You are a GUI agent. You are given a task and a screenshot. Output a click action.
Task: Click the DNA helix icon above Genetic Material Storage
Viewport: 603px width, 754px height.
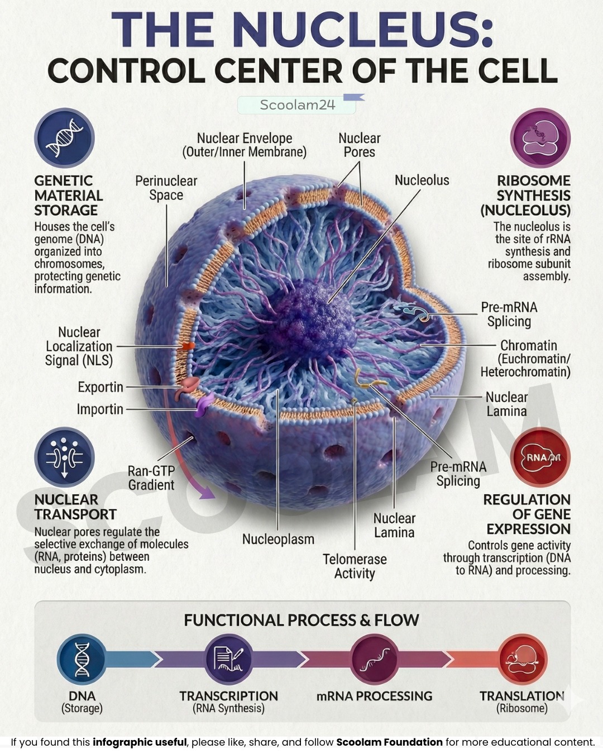64,137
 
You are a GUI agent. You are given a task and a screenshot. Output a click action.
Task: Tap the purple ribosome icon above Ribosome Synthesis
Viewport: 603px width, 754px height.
540,137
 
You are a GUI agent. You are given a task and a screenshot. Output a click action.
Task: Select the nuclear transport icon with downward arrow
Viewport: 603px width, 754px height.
64,457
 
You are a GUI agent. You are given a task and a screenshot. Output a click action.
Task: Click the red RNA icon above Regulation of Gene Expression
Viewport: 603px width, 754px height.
540,457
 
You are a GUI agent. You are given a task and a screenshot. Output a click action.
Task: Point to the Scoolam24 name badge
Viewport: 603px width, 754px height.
297,105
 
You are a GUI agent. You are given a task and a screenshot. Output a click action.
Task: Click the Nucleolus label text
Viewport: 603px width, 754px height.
422,180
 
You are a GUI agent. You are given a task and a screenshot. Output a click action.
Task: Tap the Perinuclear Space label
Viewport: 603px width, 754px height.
166,188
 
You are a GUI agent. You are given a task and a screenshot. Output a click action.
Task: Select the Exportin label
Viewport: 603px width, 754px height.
100,387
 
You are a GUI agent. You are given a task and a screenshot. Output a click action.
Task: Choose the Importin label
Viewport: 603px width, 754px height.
100,409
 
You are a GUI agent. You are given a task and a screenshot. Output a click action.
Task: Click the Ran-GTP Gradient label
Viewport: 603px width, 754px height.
151,478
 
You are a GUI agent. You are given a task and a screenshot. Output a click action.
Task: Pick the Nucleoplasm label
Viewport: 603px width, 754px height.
278,539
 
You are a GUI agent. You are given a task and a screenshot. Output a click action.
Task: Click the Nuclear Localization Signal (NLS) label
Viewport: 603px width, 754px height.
79,346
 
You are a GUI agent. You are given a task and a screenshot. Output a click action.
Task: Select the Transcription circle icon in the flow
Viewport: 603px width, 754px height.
228,658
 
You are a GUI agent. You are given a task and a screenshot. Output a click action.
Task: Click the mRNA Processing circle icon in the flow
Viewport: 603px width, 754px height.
375,658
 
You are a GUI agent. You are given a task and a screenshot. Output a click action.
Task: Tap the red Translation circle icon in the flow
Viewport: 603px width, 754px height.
522,658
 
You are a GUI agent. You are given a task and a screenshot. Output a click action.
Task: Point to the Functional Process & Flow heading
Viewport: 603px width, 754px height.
301,620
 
